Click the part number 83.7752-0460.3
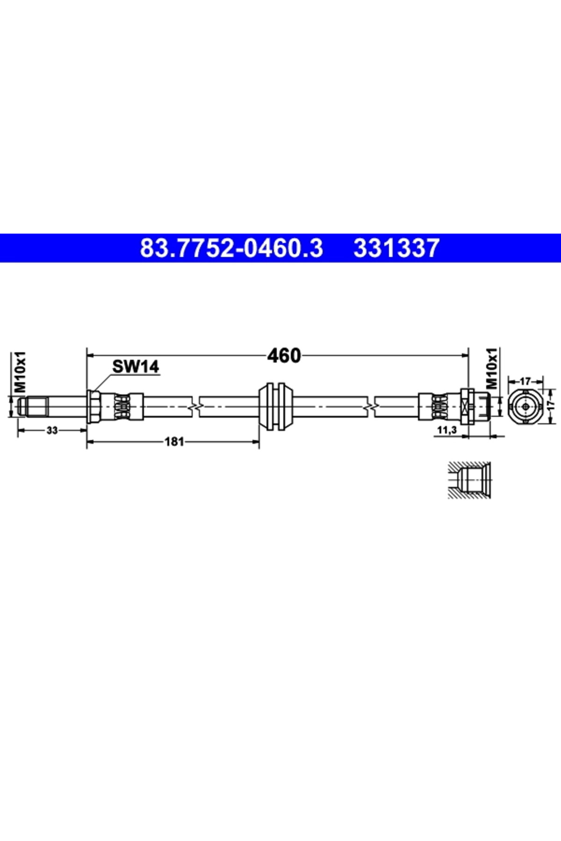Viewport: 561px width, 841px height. (231, 248)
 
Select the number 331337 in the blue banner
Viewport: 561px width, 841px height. (396, 248)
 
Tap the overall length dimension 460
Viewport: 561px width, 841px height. (284, 356)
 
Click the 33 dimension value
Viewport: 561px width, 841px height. (52, 430)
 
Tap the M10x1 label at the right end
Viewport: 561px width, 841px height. (493, 368)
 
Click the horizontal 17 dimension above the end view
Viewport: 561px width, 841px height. (525, 381)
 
